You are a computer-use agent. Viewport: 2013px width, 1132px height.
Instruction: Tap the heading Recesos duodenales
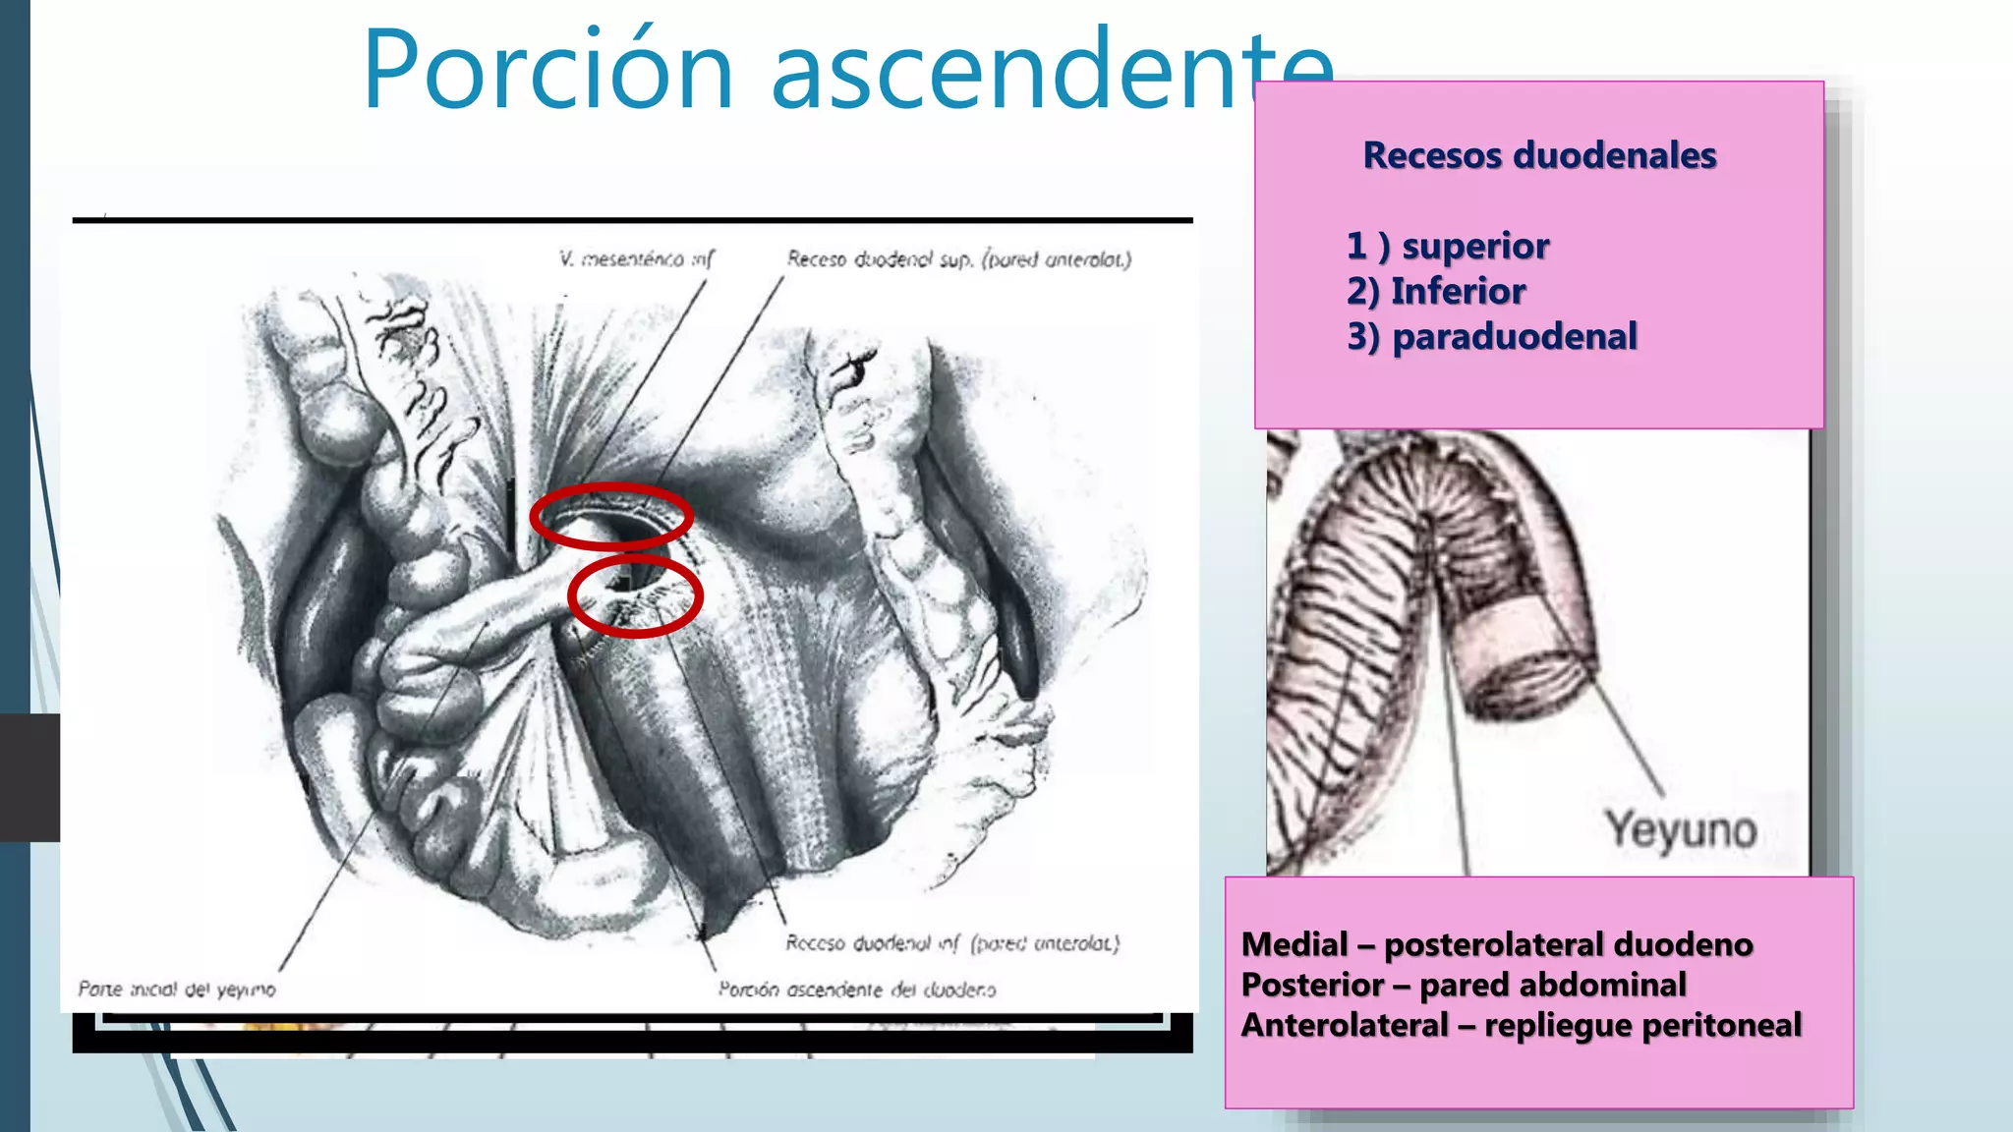coord(1539,155)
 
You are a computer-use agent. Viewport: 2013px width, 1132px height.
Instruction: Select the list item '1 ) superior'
coord(1448,246)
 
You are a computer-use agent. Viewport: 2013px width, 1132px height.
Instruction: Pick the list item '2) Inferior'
coord(1436,291)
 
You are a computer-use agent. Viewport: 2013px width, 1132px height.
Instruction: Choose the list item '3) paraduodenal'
coord(1492,336)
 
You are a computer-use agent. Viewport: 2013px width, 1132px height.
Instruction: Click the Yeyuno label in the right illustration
coord(1682,830)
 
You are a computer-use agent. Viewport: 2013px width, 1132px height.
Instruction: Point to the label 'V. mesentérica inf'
coord(636,258)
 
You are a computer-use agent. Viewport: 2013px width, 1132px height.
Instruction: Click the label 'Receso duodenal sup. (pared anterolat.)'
coord(959,258)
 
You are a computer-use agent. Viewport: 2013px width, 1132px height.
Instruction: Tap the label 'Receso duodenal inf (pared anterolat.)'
coord(952,943)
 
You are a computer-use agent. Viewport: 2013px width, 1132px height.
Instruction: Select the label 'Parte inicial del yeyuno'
coord(177,989)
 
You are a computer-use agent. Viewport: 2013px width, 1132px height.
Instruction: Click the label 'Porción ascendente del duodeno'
coord(857,989)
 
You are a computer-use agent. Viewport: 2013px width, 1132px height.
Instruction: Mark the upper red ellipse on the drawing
coord(611,516)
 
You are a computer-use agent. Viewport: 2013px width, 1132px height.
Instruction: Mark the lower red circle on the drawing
coord(636,595)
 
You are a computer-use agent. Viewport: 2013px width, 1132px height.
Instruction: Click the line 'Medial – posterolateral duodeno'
coord(1497,944)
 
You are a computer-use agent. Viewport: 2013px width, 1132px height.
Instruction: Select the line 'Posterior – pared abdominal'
coord(1464,985)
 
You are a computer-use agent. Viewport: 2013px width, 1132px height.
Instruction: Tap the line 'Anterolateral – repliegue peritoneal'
coord(1522,1025)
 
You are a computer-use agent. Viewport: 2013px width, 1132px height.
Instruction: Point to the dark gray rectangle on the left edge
coord(29,777)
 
